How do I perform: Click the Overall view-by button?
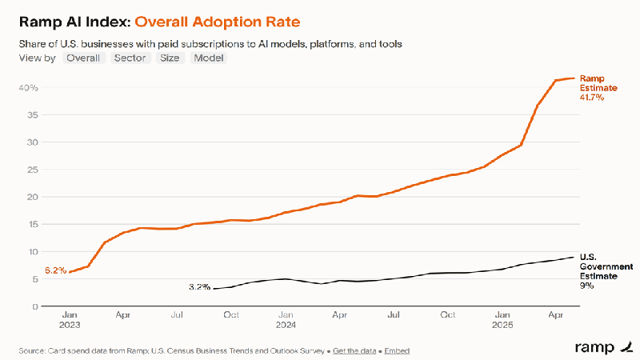coord(84,58)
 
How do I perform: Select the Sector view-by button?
coord(130,58)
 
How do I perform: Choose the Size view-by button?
coord(170,58)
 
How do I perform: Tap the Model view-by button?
coord(209,58)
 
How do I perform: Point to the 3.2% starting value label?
coord(199,286)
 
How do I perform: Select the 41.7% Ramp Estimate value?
coord(591,98)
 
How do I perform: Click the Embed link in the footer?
coord(397,351)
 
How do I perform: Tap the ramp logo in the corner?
coord(599,347)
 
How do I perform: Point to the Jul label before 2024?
coord(178,316)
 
